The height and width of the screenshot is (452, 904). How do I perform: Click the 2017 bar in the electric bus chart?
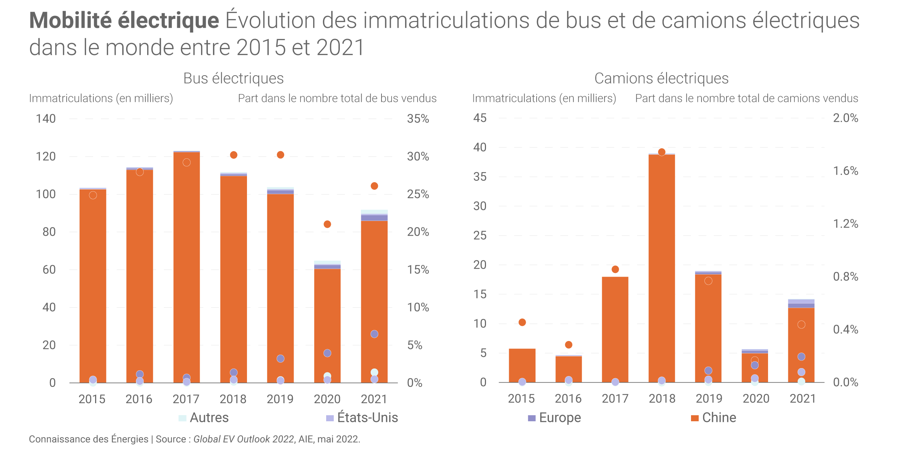(187, 268)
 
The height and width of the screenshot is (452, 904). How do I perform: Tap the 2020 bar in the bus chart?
(327, 325)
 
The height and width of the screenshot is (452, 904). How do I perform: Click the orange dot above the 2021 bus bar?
(374, 186)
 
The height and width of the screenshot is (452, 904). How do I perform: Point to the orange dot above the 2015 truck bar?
(522, 322)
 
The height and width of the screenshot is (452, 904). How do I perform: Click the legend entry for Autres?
(204, 418)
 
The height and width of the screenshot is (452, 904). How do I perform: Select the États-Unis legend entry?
(362, 418)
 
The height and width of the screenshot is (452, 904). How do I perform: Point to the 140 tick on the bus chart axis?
(46, 119)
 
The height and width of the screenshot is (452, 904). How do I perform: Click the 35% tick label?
(418, 119)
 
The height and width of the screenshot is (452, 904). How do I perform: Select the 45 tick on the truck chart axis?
(480, 118)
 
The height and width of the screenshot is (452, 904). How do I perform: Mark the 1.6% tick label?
(845, 171)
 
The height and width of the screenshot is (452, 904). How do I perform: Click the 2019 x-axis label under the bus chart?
(280, 399)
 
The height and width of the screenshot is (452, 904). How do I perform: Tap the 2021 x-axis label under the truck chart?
(803, 399)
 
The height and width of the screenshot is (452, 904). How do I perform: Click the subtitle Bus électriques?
(234, 78)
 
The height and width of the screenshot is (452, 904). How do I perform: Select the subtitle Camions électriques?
(661, 78)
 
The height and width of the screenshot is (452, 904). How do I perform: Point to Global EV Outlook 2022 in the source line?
(244, 439)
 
